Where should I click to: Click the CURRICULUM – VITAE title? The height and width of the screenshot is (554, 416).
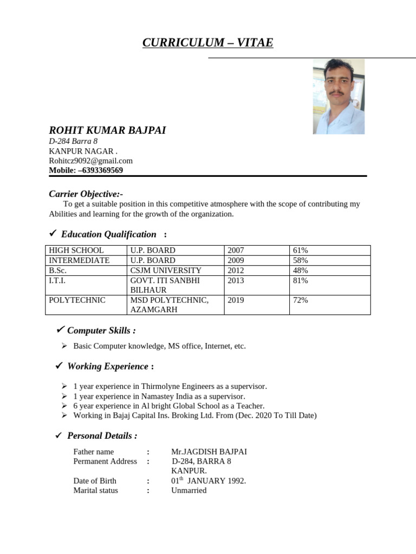click(x=208, y=43)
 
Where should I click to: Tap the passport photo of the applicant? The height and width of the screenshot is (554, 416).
click(x=339, y=96)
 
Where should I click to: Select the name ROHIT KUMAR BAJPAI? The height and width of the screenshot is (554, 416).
click(x=107, y=130)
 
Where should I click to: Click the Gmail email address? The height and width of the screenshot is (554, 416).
click(x=90, y=161)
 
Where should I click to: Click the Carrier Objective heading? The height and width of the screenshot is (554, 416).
click(x=86, y=194)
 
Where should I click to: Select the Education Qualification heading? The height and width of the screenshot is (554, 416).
click(x=108, y=234)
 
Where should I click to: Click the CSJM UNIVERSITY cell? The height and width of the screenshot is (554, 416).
click(x=166, y=271)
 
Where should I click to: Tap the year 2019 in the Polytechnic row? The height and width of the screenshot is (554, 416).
click(x=236, y=300)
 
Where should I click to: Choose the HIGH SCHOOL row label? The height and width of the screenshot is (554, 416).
click(x=76, y=250)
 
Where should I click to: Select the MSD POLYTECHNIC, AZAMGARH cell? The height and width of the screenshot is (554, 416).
click(x=169, y=305)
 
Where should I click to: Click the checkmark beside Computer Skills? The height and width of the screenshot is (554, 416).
click(x=61, y=329)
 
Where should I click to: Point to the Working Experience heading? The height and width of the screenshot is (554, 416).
click(x=108, y=366)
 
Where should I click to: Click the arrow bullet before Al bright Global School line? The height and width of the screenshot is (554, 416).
click(x=64, y=406)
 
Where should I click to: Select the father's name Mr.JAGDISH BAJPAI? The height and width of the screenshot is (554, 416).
click(x=209, y=452)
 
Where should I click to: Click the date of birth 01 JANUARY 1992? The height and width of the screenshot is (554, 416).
click(x=209, y=480)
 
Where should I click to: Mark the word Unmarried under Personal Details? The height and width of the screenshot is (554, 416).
click(x=188, y=490)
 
